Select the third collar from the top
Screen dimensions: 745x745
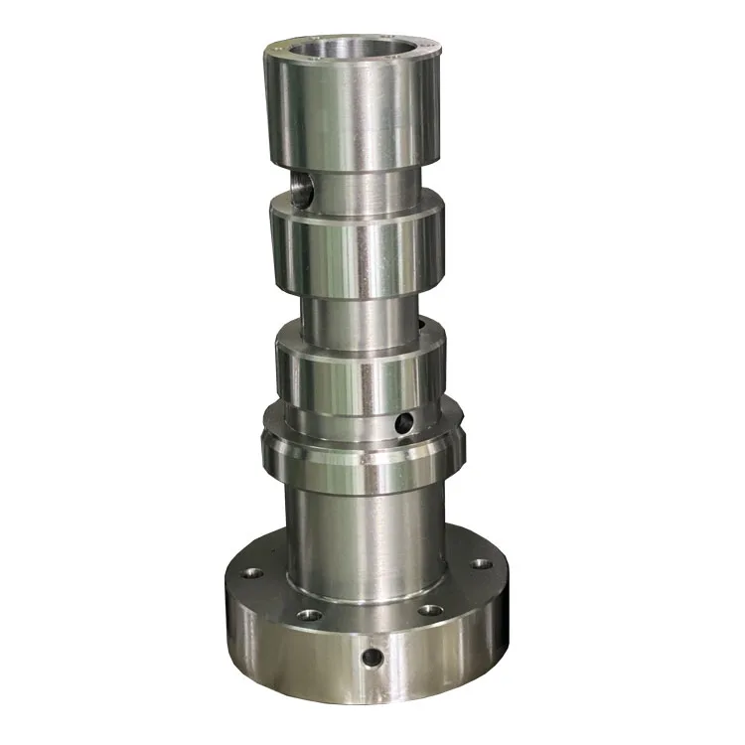point(358,377)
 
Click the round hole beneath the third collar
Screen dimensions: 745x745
point(402,424)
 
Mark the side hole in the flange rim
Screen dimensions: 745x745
point(372,658)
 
